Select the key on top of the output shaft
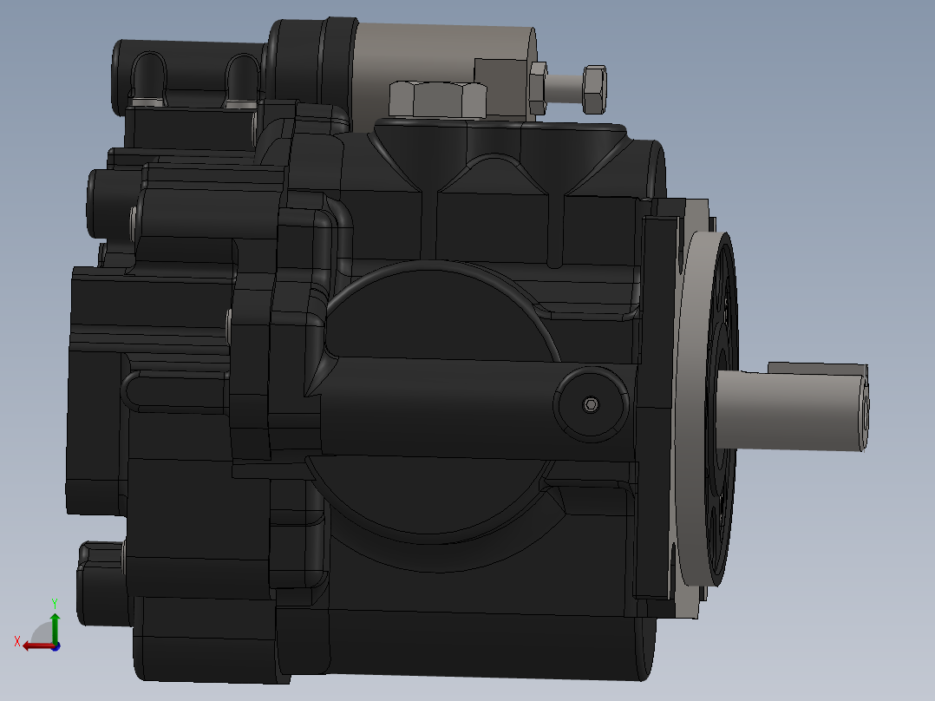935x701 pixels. point(815,370)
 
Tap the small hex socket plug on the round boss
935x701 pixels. point(591,404)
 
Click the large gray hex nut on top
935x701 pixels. point(437,98)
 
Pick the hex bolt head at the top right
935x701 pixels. point(595,88)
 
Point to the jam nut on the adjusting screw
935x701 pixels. point(538,88)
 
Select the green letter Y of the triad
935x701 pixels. point(54,602)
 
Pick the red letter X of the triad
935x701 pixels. point(16,641)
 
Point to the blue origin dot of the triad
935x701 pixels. point(56,645)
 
